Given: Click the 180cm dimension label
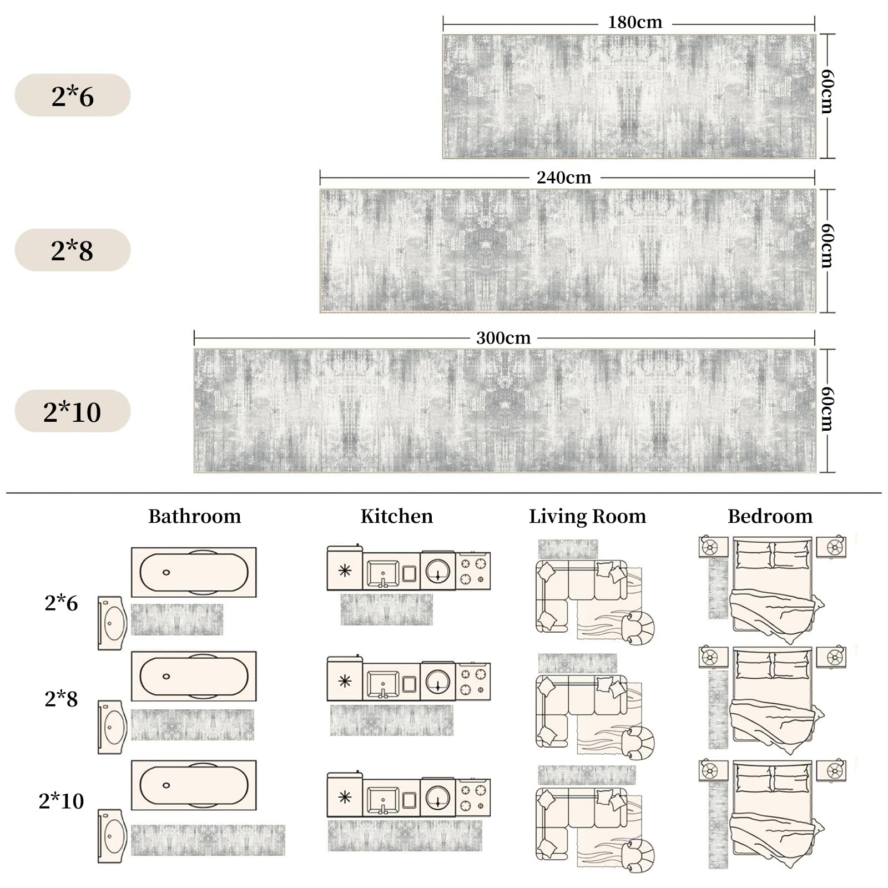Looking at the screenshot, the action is click(635, 22).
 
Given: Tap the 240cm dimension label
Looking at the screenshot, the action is click(564, 178).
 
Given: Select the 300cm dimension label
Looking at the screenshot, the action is click(503, 338).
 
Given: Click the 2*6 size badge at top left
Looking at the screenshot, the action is click(73, 95).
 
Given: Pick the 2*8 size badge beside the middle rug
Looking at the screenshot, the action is click(73, 250).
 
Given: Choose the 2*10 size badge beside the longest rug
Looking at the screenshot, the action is click(73, 411).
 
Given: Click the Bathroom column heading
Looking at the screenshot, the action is click(195, 516).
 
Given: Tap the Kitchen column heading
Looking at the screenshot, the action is click(397, 516).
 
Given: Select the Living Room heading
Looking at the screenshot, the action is click(588, 517).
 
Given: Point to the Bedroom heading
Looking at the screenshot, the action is click(770, 516).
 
